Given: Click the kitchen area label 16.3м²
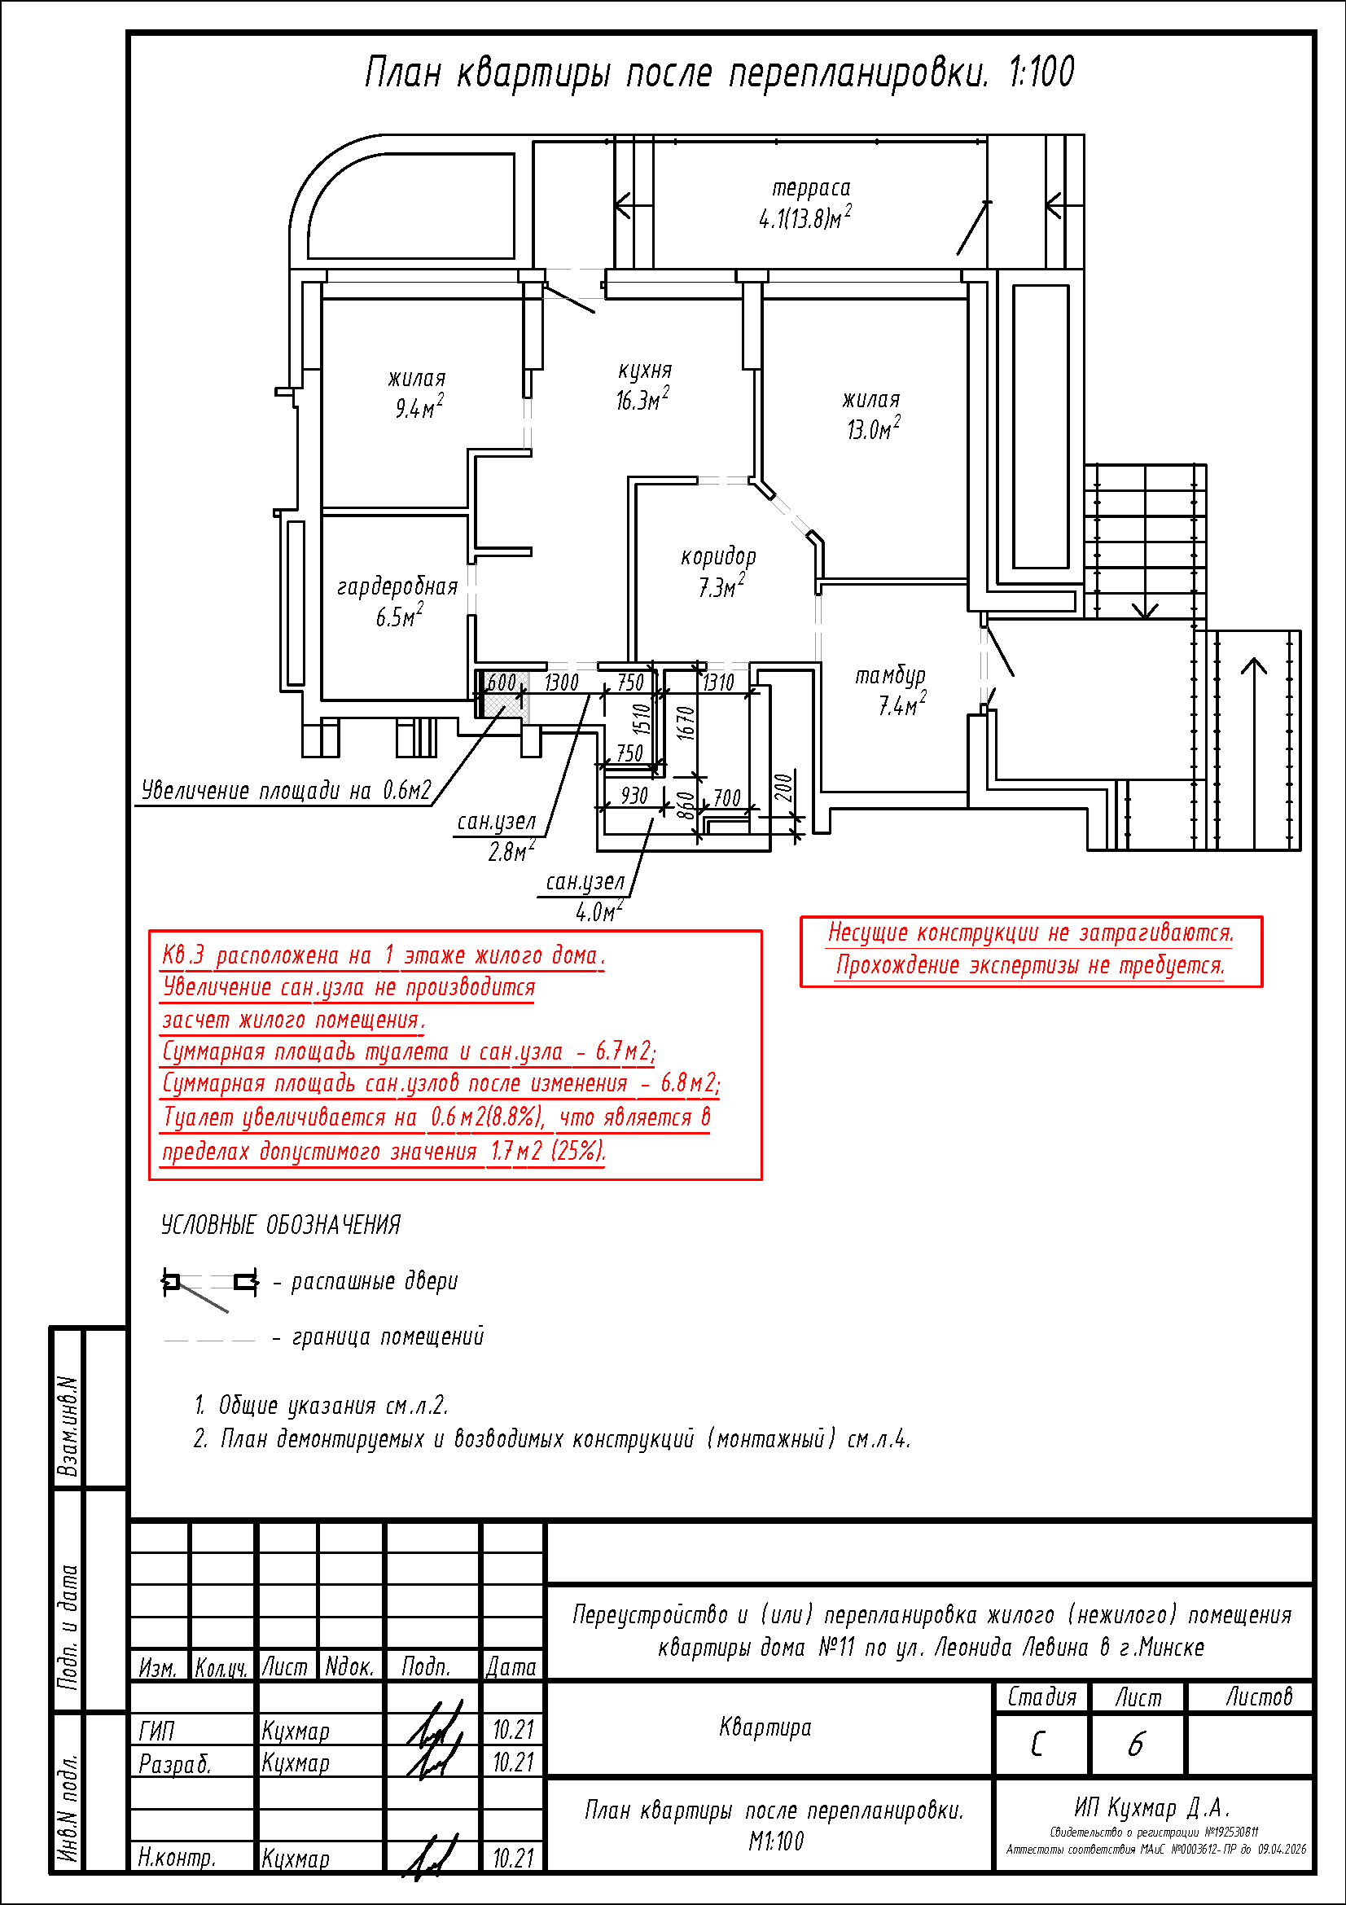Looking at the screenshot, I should [641, 401].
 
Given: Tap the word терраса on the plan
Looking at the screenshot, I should [810, 189].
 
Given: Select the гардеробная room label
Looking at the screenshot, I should [397, 587].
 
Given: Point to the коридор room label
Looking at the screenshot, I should [718, 557].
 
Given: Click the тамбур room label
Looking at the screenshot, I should [890, 676].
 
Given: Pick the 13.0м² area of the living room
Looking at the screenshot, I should [872, 429].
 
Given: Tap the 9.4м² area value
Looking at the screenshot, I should [419, 408].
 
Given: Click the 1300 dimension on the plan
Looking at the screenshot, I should [562, 683].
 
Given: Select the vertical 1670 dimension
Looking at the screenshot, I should [685, 722].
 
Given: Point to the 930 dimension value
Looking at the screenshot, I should [634, 796].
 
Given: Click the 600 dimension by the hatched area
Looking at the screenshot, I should [501, 683].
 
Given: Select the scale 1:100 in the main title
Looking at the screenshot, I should [1041, 73].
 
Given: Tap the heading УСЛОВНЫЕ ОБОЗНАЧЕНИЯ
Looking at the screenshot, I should [280, 1225].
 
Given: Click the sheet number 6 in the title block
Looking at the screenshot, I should [1136, 1745].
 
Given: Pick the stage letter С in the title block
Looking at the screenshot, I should [1037, 1745].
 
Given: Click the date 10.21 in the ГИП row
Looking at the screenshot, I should [513, 1730].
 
